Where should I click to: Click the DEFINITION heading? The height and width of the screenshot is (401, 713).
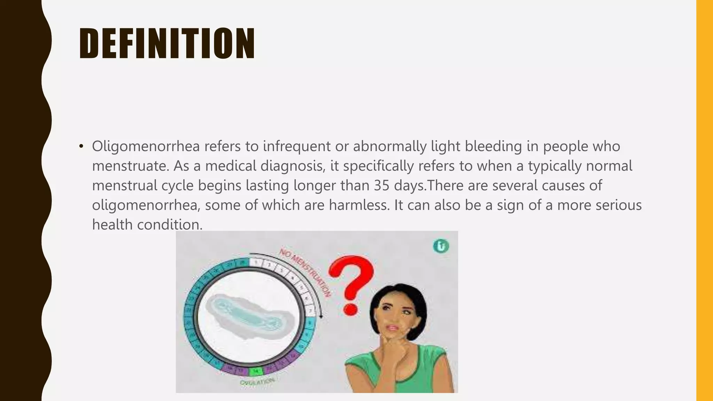pyautogui.click(x=167, y=44)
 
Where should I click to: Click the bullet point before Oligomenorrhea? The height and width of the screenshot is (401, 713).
pyautogui.click(x=81, y=146)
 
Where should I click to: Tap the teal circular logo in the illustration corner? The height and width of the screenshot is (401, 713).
pyautogui.click(x=441, y=246)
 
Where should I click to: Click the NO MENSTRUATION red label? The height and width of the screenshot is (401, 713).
pyautogui.click(x=305, y=272)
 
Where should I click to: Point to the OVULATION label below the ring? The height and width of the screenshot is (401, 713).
pyautogui.click(x=257, y=382)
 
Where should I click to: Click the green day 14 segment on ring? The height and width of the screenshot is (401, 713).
pyautogui.click(x=256, y=371)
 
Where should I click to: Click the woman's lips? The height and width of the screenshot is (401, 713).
pyautogui.click(x=392, y=328)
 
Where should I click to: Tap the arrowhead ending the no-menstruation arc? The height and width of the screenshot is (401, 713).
pyautogui.click(x=321, y=316)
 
